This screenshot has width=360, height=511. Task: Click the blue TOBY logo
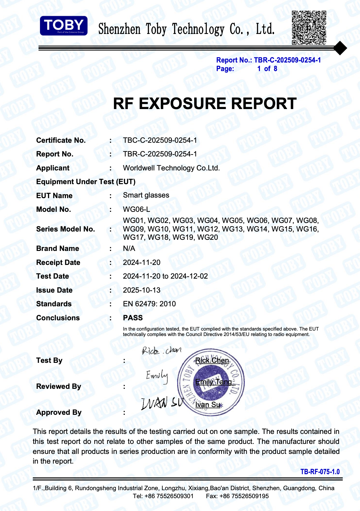click(63, 26)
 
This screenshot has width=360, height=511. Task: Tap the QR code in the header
click(309, 28)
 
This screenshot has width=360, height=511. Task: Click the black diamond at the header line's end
click(340, 48)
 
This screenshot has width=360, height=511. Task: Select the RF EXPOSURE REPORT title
click(205, 103)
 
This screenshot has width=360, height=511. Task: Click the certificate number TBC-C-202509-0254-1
click(160, 140)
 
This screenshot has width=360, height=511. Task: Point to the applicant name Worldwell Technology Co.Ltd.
click(171, 168)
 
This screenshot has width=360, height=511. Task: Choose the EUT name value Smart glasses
click(146, 195)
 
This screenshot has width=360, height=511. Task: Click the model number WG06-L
click(136, 209)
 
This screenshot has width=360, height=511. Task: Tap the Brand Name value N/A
click(129, 248)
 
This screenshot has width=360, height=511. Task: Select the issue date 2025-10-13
click(141, 290)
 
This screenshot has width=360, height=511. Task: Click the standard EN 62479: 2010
click(149, 304)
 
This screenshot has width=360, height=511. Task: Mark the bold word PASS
click(133, 318)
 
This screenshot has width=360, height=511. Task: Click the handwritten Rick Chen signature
click(161, 350)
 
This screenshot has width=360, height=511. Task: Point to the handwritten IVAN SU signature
click(162, 403)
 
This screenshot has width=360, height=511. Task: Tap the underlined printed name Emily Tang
click(214, 382)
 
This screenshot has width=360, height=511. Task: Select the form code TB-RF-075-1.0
click(320, 472)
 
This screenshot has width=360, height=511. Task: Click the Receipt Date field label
click(58, 262)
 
